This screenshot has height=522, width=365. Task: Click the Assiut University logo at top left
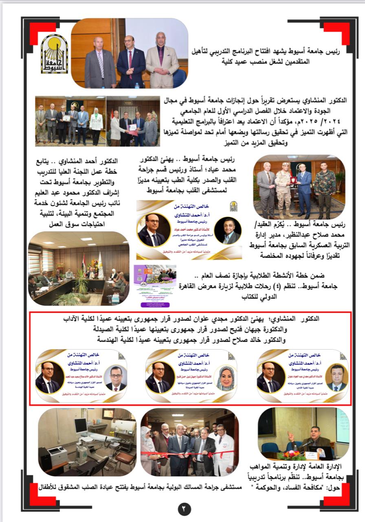(x=54, y=53)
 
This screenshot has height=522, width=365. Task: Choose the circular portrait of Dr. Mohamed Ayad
(x=227, y=230)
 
